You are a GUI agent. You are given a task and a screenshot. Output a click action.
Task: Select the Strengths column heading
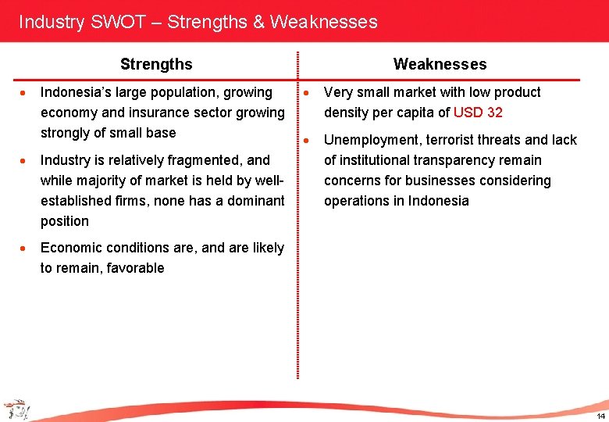(x=156, y=64)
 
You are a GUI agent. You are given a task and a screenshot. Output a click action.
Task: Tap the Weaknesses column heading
(x=440, y=64)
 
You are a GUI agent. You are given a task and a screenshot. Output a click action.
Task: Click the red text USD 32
(x=478, y=113)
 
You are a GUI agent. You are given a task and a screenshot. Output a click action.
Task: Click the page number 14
(x=600, y=413)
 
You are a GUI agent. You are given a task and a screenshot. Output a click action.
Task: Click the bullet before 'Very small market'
(x=309, y=93)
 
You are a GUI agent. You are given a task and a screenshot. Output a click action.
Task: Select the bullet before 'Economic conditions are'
(x=25, y=249)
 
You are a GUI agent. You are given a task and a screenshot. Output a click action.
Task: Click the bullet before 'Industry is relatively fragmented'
(x=25, y=161)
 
